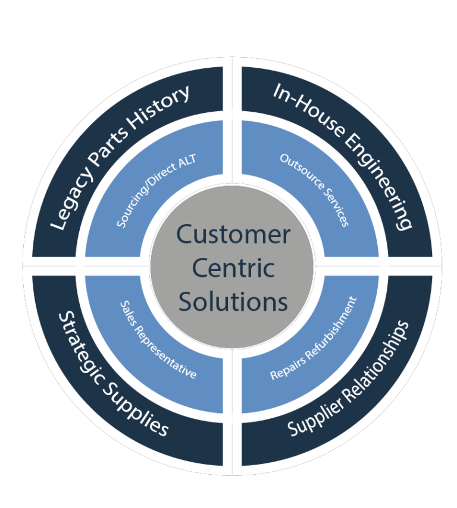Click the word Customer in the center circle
tap(233, 235)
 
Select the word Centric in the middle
tap(233, 268)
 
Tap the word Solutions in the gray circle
tap(233, 301)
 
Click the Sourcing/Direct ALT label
tap(156, 191)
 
